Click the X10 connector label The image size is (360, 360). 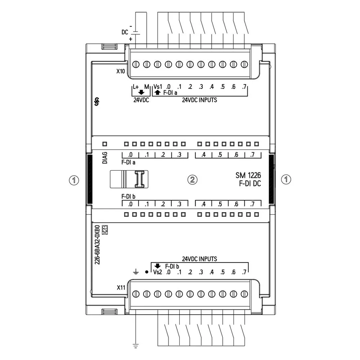tap(121, 71)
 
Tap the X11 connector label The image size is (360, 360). tap(121, 288)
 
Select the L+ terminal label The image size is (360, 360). tap(136, 87)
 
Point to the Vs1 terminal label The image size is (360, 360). tap(158, 87)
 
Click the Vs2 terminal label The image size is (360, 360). tap(158, 272)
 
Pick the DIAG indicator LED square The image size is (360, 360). tap(105, 144)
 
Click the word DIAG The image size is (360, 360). tap(105, 158)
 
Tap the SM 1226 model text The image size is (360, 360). tap(248, 175)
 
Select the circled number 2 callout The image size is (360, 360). tap(192, 180)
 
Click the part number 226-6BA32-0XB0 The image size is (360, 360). tap(97, 245)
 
